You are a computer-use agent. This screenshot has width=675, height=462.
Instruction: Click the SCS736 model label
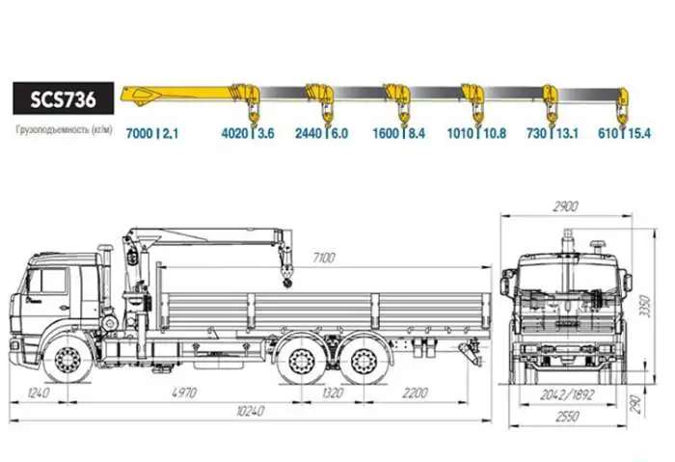click(x=64, y=98)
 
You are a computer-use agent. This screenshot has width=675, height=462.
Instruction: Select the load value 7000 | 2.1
click(x=152, y=133)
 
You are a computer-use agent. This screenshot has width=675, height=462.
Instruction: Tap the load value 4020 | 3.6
click(x=248, y=133)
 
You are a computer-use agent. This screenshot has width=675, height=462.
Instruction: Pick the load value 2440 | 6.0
click(x=321, y=133)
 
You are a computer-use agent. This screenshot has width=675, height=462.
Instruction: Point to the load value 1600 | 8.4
click(x=399, y=133)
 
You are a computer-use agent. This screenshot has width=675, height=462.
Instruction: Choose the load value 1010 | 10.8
click(x=476, y=133)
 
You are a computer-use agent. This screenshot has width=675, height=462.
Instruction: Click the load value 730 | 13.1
click(x=553, y=133)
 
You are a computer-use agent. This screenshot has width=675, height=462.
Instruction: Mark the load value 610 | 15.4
click(x=625, y=133)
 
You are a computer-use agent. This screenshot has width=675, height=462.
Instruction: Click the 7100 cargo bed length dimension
click(x=324, y=258)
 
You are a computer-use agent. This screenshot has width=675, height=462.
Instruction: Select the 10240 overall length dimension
click(x=250, y=411)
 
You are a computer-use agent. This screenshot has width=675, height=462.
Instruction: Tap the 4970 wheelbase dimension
click(x=184, y=393)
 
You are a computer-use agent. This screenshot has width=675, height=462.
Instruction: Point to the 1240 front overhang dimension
click(x=39, y=393)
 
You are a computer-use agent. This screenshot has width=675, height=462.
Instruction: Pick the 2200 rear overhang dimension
click(x=415, y=393)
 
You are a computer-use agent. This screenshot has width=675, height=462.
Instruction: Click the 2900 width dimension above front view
click(x=565, y=206)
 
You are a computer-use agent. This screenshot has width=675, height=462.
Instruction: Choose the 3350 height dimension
click(x=645, y=306)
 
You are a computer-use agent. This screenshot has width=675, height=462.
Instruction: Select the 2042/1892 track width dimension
click(x=568, y=394)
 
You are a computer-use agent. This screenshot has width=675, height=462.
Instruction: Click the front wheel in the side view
click(x=68, y=360)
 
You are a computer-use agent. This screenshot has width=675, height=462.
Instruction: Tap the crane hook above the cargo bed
click(x=287, y=277)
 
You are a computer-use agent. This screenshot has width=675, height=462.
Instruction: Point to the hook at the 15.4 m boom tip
click(x=622, y=114)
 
